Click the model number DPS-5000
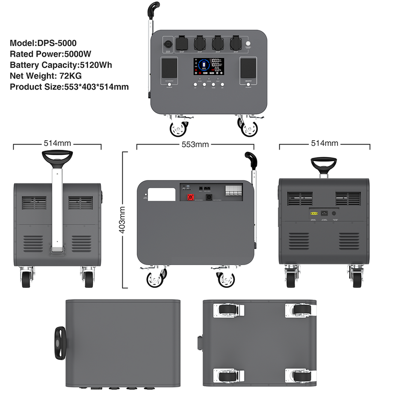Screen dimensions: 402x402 click(56, 43)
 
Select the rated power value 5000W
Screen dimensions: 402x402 click(77, 54)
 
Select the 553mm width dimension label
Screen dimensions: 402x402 click(195, 144)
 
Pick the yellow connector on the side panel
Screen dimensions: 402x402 click(313, 213)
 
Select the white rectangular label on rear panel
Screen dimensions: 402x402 click(162, 194)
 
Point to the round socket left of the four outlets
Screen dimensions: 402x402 click(168, 44)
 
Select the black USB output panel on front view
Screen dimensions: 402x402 click(170, 68)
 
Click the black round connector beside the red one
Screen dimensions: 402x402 click(209, 198)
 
